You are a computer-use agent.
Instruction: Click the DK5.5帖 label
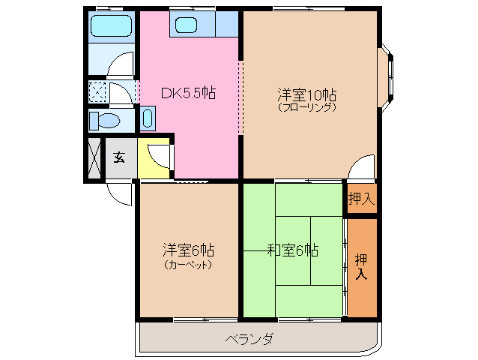(189, 94)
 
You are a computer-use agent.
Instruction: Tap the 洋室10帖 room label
(307, 95)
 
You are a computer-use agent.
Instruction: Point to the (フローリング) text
(307, 107)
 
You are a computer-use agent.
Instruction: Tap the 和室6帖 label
(293, 250)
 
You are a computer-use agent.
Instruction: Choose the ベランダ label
(249, 339)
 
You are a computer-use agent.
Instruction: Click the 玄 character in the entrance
(119, 157)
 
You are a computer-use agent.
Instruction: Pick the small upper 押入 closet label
(361, 199)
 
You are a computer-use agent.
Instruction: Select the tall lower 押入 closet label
(361, 267)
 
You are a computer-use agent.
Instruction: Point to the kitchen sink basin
(186, 25)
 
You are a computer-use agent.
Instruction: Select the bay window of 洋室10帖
(390, 73)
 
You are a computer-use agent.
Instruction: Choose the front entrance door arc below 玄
(120, 192)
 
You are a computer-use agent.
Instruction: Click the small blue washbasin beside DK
(148, 118)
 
